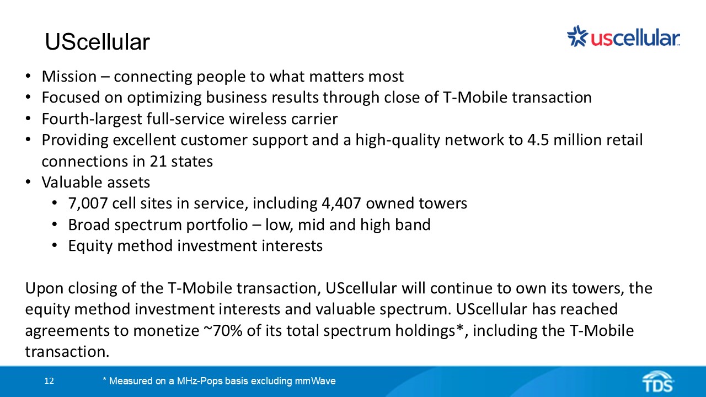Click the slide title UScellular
97,42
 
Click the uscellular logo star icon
577,36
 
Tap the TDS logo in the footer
657,382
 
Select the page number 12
49,381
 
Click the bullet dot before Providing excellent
29,140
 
